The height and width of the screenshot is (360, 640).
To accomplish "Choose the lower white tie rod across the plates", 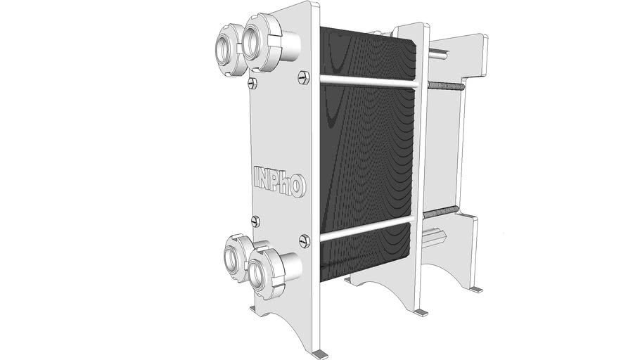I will click(366, 229).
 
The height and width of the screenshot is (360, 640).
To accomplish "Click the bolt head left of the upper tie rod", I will click(304, 77).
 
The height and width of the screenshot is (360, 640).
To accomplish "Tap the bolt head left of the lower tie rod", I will click(304, 240).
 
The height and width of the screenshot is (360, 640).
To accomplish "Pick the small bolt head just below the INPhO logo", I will click(255, 221).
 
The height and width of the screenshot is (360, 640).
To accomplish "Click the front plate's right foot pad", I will click(321, 354).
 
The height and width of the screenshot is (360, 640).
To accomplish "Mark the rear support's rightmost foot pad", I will click(475, 288).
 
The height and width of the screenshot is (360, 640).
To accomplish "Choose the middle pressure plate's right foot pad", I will click(421, 312).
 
